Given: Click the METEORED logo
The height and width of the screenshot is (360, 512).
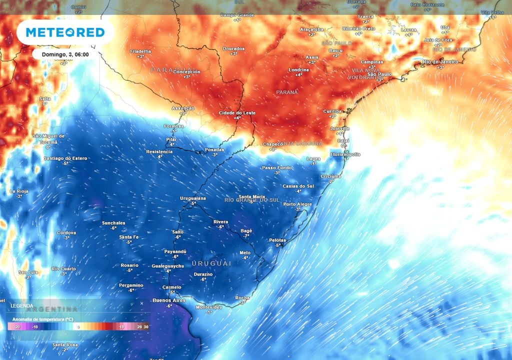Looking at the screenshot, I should [65, 32].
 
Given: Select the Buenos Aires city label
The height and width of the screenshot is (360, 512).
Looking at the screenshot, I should [162, 300].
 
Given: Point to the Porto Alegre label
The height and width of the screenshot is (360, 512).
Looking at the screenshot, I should [297, 204].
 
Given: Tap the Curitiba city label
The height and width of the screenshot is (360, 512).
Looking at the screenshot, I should [332, 111].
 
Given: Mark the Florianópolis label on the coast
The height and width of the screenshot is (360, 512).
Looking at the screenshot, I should [345, 154].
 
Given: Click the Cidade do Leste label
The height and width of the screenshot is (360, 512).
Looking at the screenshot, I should [237, 113].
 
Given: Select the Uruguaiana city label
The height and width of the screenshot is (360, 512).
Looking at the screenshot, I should [193, 198].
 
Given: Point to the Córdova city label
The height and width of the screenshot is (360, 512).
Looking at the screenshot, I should [66, 232].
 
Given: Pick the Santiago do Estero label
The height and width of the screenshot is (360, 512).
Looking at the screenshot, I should [65, 158].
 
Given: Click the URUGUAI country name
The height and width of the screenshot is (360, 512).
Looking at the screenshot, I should [211, 263].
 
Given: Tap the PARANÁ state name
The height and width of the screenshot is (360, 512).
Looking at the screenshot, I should [287, 92].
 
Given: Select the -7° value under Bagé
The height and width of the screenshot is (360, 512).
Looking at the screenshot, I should [246, 235].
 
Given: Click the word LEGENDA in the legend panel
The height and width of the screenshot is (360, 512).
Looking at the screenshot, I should [22, 305].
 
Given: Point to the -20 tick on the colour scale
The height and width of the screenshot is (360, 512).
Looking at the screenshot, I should [16, 326].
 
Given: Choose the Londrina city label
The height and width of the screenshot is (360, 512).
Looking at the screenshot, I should [298, 69].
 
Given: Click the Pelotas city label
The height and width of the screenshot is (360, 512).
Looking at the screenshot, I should [278, 240].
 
